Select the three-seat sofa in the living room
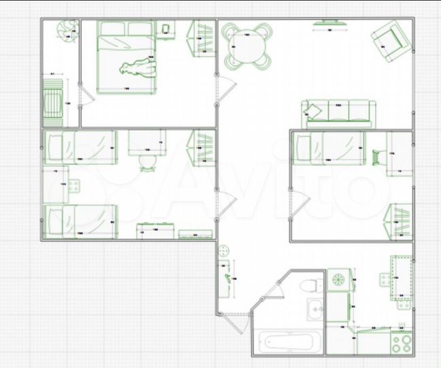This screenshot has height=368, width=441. click(x=338, y=112)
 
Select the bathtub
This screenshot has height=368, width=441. click(x=287, y=341)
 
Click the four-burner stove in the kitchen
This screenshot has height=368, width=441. click(x=402, y=339)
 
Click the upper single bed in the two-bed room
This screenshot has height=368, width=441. click(x=79, y=147)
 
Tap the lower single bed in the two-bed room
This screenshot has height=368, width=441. click(x=80, y=220)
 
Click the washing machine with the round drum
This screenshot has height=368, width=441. click(x=337, y=279)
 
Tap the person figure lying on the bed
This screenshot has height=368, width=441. click(x=138, y=68)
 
